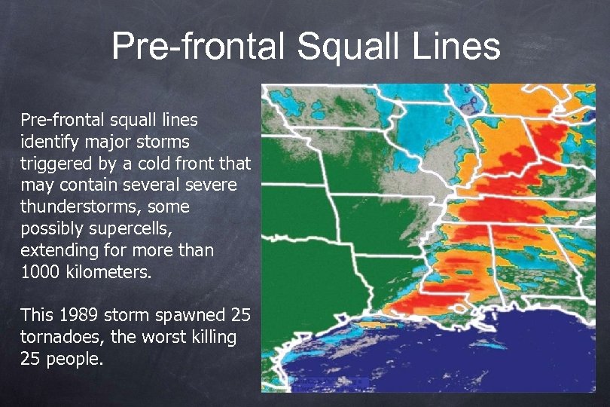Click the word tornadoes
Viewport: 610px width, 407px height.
tap(57, 337)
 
